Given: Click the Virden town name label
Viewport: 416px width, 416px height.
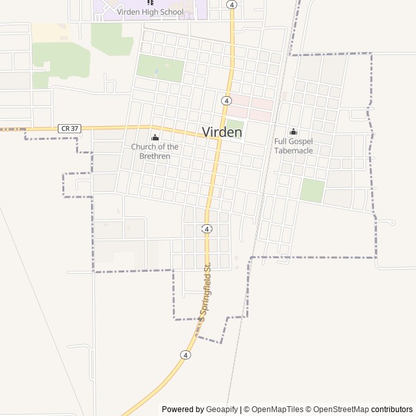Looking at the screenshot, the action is coord(222,132).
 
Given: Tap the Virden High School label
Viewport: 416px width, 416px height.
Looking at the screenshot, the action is coord(150,12).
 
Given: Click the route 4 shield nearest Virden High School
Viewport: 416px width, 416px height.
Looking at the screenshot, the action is coord(231,4).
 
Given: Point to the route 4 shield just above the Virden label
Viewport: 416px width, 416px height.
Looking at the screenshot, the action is coord(226,100).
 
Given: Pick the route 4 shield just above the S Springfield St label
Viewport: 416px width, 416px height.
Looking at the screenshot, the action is coord(206,229).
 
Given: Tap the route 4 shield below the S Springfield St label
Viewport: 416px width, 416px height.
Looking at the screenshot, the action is coord(186,355).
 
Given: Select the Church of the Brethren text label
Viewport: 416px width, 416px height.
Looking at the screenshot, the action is coord(155,151).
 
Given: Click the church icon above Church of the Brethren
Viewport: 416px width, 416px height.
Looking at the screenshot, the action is coord(155,137).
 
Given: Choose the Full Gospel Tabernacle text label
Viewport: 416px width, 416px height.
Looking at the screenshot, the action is coord(293,146).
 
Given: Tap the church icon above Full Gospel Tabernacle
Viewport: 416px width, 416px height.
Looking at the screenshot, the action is coord(293,131).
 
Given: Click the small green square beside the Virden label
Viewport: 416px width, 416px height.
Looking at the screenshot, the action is coord(235,123).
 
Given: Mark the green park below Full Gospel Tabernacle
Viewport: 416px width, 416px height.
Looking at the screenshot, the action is coord(312,190).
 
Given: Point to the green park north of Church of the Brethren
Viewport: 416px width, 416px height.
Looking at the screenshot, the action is coord(160,68).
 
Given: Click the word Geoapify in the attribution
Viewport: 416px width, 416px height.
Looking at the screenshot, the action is coord(221,409).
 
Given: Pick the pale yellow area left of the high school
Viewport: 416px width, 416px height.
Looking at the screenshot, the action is coord(46,32).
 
